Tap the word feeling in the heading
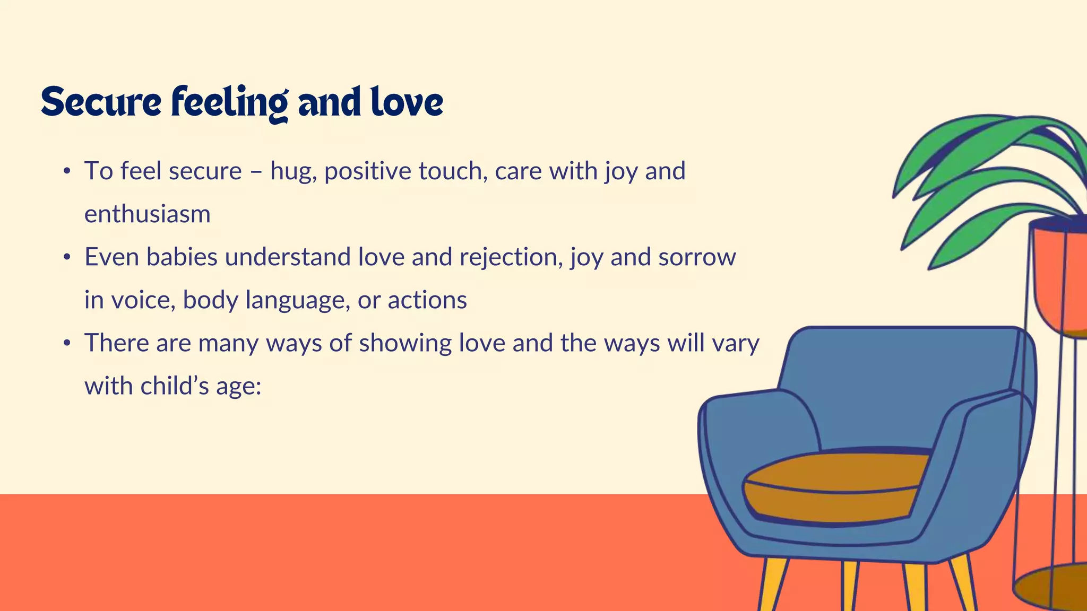point(229,102)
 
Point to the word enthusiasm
point(148,214)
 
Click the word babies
point(182,257)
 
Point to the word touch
point(453,171)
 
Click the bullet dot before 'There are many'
point(66,344)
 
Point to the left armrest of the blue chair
point(754,440)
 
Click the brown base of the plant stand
point(1056,586)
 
